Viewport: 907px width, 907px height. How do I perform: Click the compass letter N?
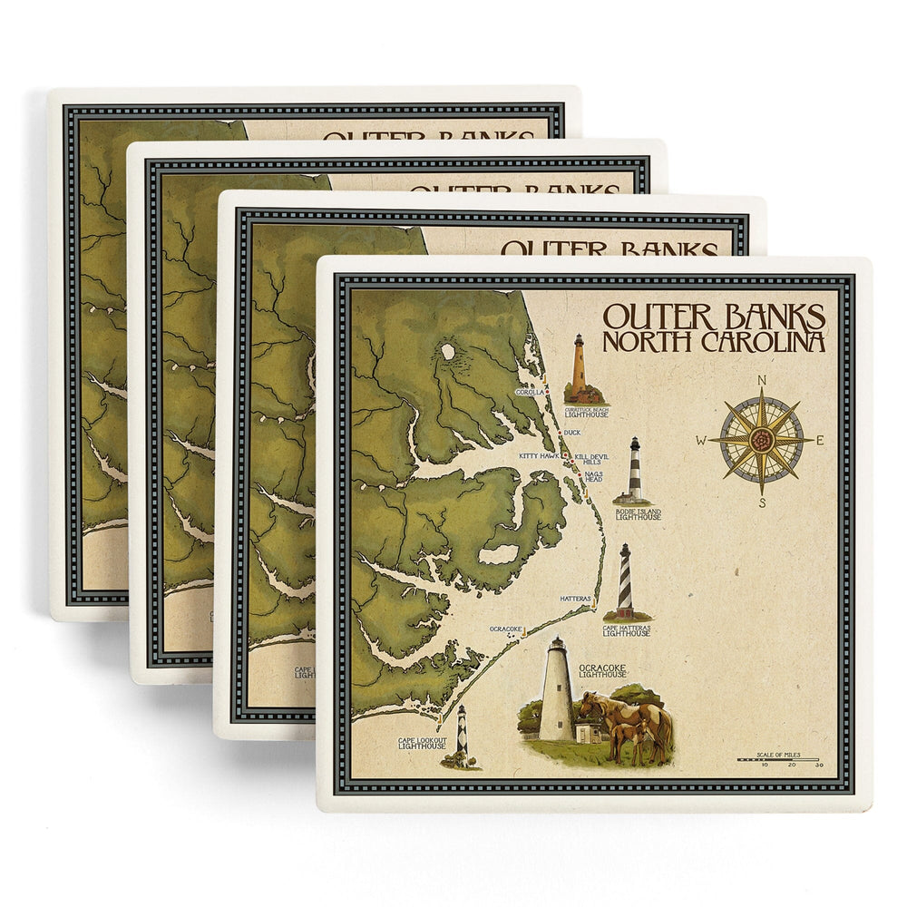click(x=762, y=381)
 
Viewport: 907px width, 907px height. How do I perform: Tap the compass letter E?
click(x=821, y=441)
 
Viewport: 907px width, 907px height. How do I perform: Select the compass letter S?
click(x=763, y=502)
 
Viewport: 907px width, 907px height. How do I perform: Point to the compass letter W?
click(x=701, y=442)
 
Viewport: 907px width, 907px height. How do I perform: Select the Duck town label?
click(x=571, y=433)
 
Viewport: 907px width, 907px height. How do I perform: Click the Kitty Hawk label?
click(x=539, y=455)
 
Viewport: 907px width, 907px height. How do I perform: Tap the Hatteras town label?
click(x=575, y=599)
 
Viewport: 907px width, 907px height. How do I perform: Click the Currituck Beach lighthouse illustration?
click(x=578, y=367)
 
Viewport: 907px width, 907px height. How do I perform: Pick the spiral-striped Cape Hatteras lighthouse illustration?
click(x=625, y=580)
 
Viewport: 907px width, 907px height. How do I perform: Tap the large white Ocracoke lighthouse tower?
click(x=556, y=688)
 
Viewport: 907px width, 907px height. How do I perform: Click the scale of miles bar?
click(x=778, y=757)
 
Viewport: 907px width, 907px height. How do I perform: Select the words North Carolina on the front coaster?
click(x=714, y=342)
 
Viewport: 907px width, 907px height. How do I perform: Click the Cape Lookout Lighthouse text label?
click(x=422, y=743)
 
